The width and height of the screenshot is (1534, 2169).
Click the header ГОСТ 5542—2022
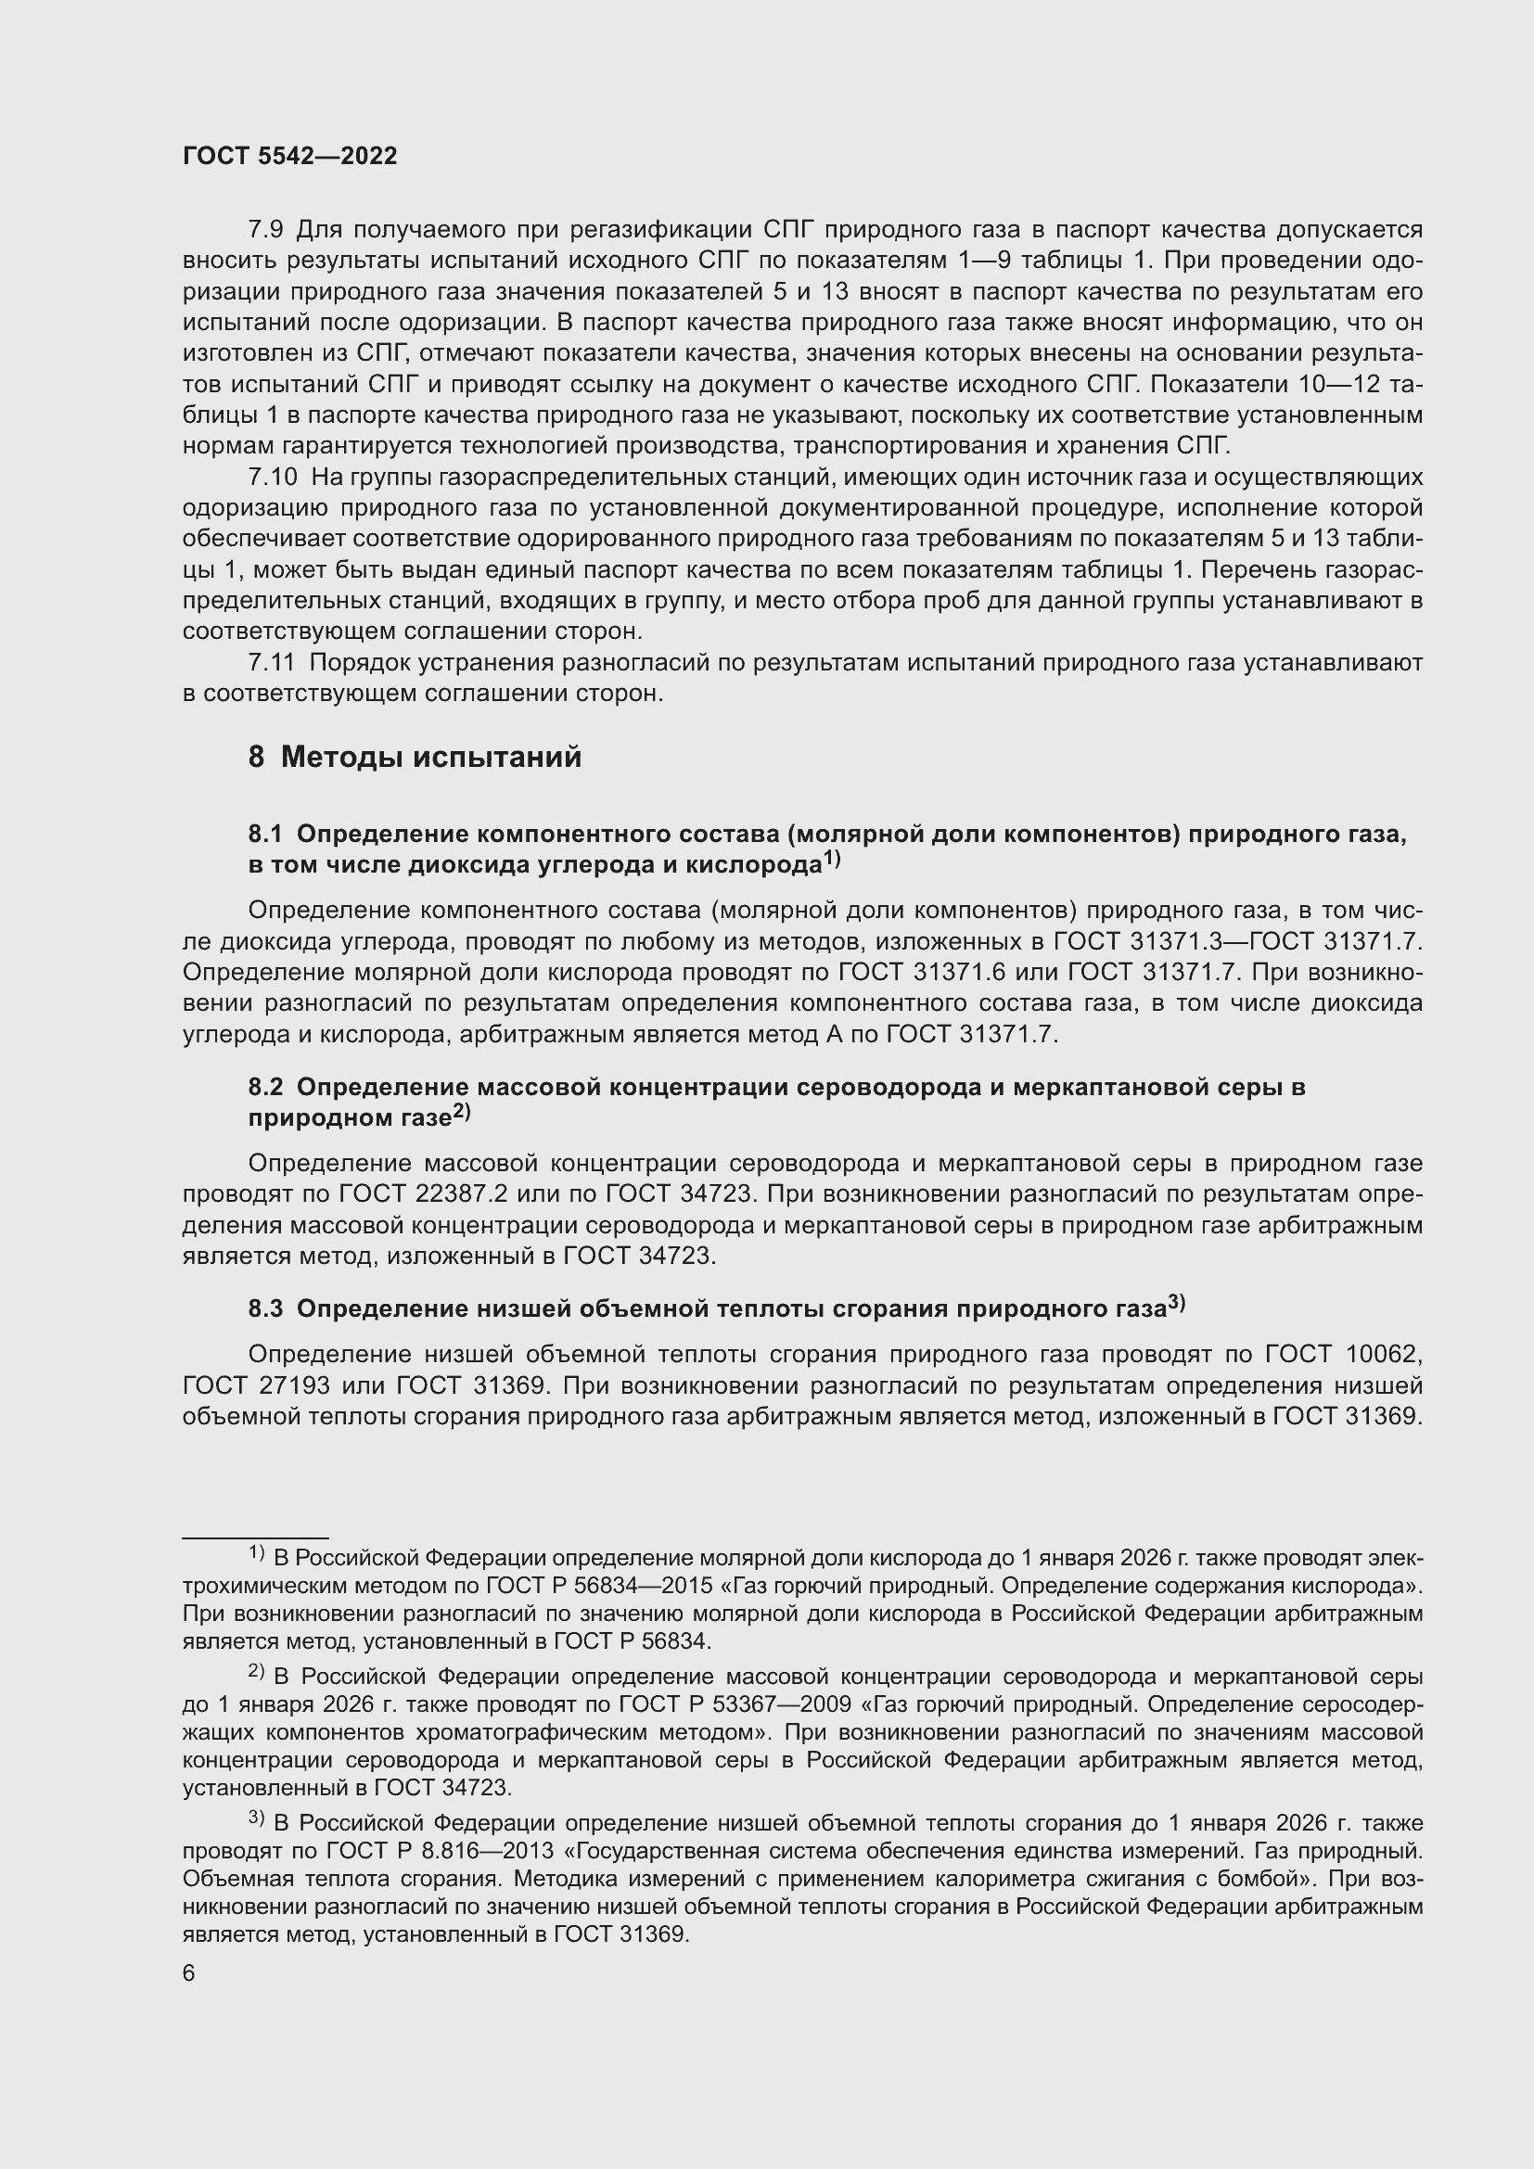(x=290, y=156)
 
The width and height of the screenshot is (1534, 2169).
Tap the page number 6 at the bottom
(x=189, y=1973)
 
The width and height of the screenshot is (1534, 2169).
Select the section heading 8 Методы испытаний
(x=415, y=757)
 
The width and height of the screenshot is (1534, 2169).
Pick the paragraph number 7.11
(x=272, y=662)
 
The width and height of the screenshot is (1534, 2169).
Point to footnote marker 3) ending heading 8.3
(x=1176, y=1303)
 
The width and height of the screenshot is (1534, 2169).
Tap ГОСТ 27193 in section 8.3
(x=256, y=1385)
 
